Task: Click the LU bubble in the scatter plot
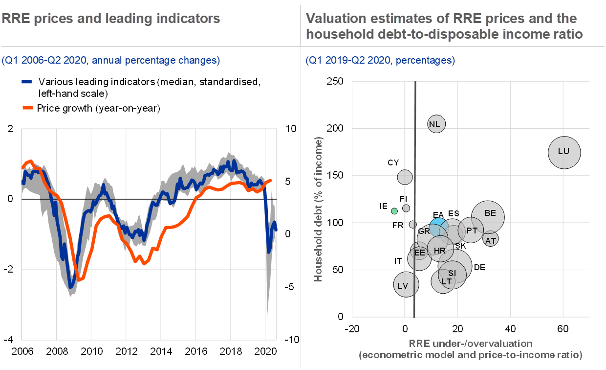click(x=563, y=152)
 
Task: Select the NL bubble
click(x=434, y=124)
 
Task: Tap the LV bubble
click(x=404, y=286)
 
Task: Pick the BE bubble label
click(x=490, y=213)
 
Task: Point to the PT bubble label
click(x=472, y=231)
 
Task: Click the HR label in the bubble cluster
click(x=439, y=251)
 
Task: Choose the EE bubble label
click(x=419, y=253)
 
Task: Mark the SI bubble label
click(x=452, y=273)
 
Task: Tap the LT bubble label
click(x=446, y=282)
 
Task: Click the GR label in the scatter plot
click(x=424, y=231)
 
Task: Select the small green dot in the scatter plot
click(x=394, y=211)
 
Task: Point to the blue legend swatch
click(x=27, y=82)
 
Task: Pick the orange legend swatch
click(x=28, y=107)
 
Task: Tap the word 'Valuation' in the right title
click(x=336, y=19)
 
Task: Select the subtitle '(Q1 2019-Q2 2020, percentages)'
click(x=380, y=61)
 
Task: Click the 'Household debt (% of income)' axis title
click(x=319, y=209)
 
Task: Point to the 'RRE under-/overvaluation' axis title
click(x=471, y=343)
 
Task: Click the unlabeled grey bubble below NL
click(x=405, y=177)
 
